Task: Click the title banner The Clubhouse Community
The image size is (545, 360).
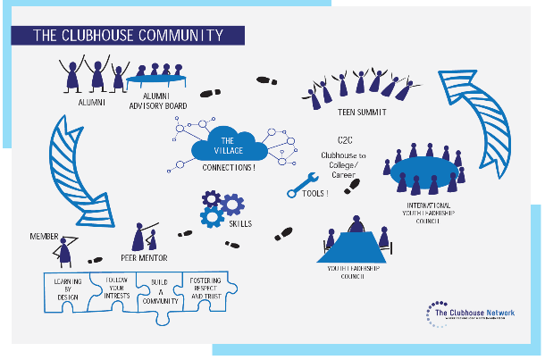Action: coord(126,36)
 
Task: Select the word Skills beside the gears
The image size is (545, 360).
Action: coord(242,223)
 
